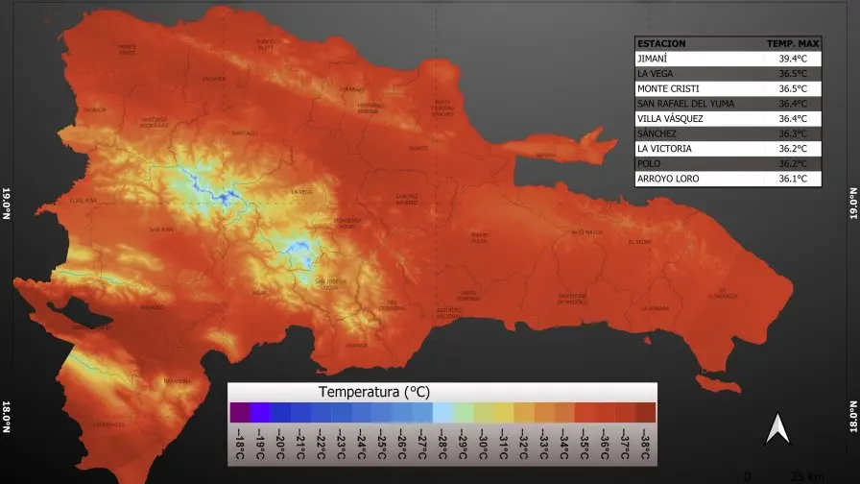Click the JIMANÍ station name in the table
pyautogui.click(x=653, y=59)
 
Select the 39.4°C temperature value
pyautogui.click(x=793, y=59)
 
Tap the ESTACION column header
pyautogui.click(x=661, y=43)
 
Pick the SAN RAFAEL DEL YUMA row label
pyautogui.click(x=687, y=104)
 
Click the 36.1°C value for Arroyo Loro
pyautogui.click(x=793, y=179)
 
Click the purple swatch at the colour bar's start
pyautogui.click(x=240, y=412)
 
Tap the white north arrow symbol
pyautogui.click(x=776, y=428)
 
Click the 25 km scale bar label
pyautogui.click(x=800, y=476)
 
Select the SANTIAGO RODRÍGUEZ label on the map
pyautogui.click(x=155, y=123)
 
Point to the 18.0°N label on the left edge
pyautogui.click(x=7, y=421)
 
